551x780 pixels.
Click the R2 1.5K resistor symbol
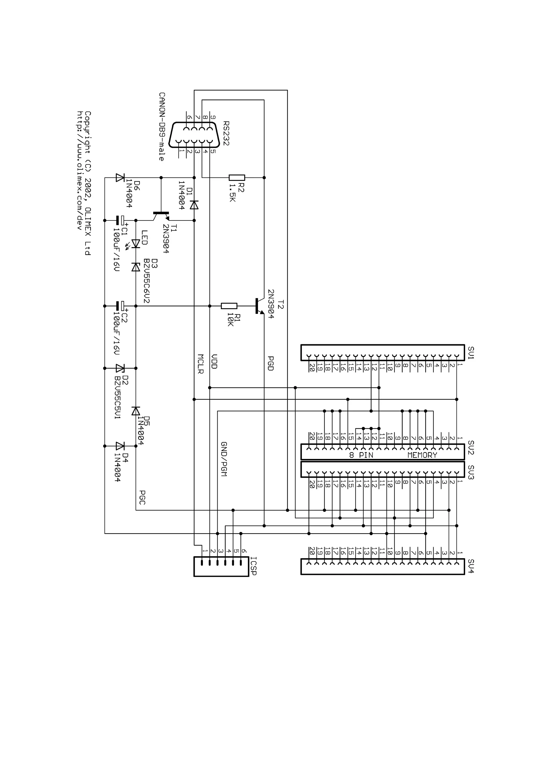[x=237, y=177]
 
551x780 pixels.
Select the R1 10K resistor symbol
[x=229, y=306]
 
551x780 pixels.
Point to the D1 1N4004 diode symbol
[x=194, y=205]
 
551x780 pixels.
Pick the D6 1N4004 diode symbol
[x=120, y=177]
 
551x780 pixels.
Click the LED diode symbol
[x=136, y=244]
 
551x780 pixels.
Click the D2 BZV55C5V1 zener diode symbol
[x=120, y=368]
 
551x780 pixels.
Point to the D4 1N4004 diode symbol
[x=120, y=446]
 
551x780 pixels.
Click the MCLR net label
[x=200, y=364]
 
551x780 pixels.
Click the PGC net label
[x=142, y=497]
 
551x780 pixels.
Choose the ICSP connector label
[x=253, y=566]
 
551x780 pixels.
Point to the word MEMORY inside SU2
[x=422, y=455]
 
